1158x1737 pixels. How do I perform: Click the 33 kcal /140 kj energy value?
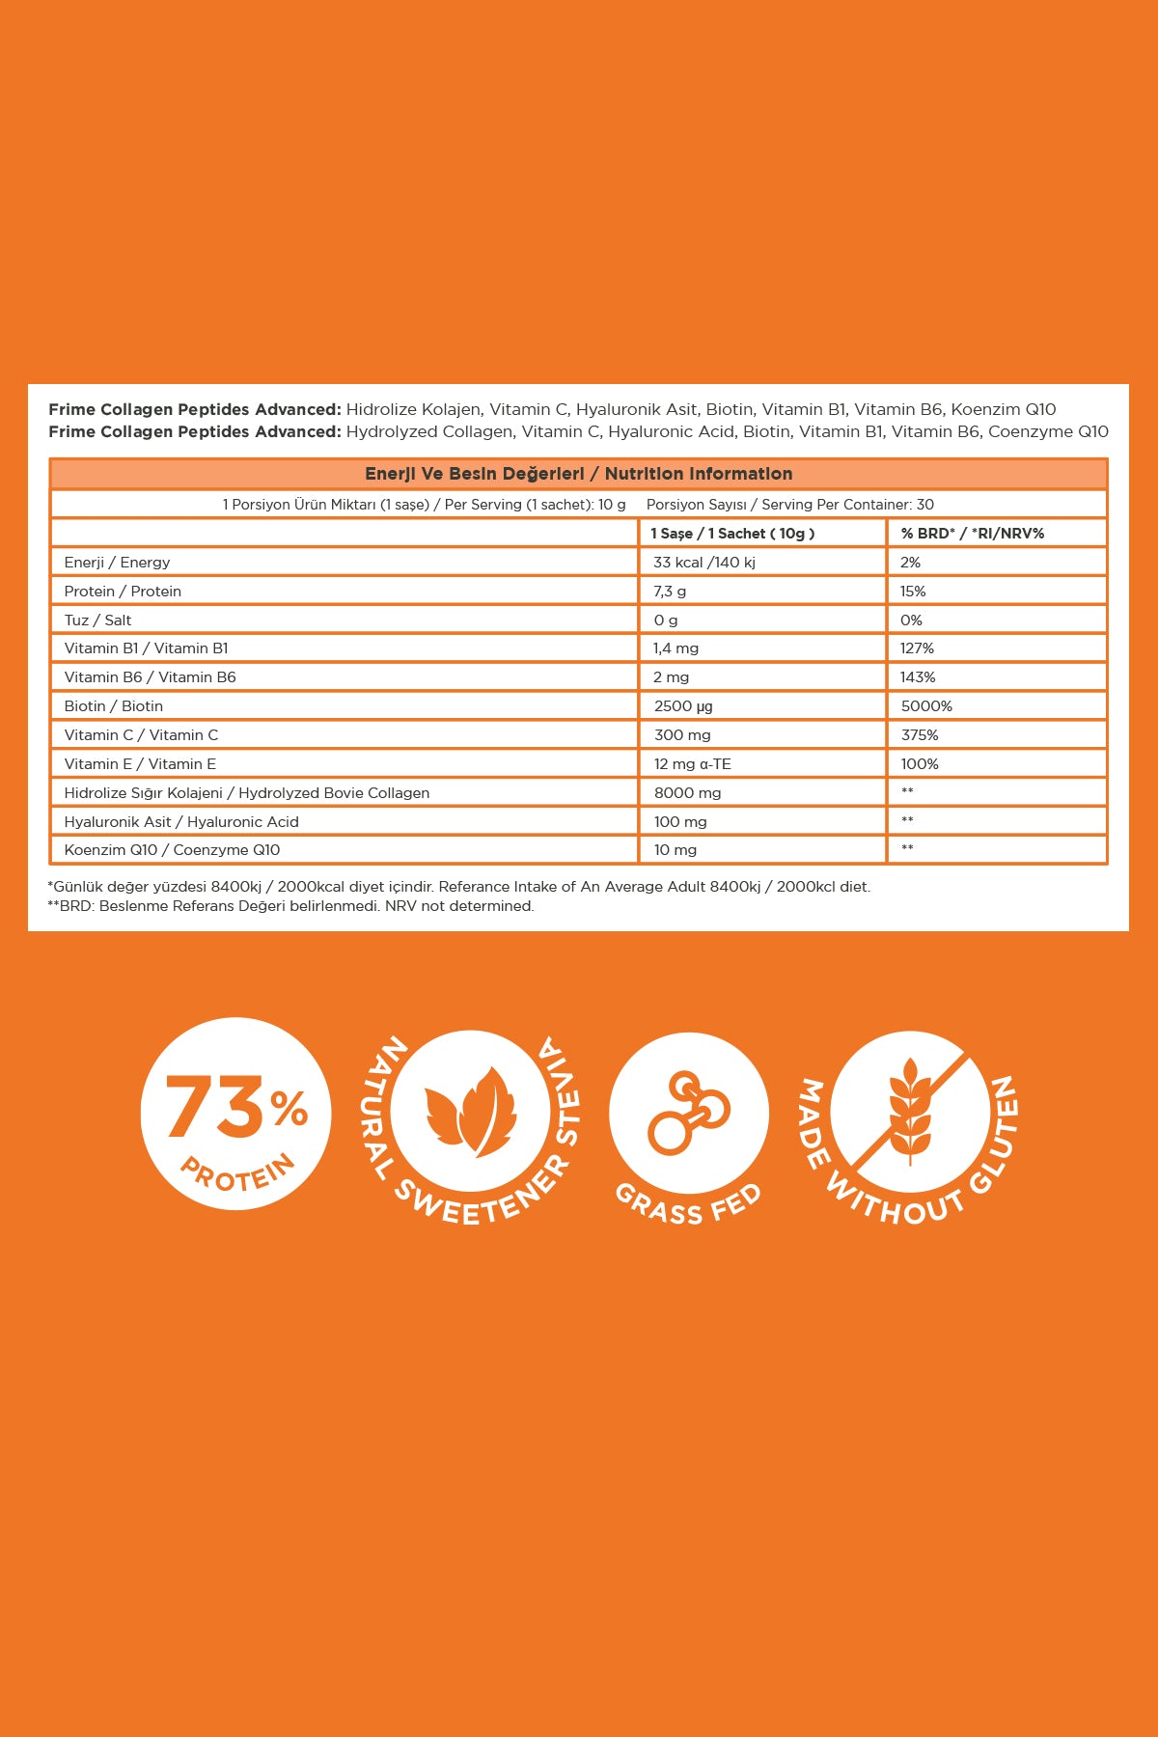[x=704, y=563]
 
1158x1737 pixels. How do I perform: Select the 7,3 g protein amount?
[x=670, y=592]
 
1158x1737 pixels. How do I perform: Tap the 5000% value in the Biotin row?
[x=926, y=706]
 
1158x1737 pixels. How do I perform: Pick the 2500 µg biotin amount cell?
[x=683, y=706]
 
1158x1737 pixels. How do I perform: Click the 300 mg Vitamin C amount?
[x=682, y=735]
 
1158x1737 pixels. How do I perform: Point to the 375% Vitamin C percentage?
[x=919, y=735]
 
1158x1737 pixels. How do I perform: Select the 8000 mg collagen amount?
[x=687, y=793]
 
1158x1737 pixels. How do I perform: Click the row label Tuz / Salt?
[x=97, y=620]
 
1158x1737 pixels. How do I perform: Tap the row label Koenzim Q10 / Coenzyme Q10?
[x=172, y=850]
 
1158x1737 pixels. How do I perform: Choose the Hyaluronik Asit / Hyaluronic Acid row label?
[x=181, y=822]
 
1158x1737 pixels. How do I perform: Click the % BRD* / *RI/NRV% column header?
[x=973, y=534]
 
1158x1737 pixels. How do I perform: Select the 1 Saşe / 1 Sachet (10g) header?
[x=732, y=534]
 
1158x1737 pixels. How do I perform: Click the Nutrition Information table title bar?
[x=579, y=474]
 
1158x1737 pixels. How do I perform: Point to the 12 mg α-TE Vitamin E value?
[x=692, y=764]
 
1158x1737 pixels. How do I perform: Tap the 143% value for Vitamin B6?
[x=918, y=677]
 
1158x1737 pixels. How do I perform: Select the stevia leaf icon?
[x=471, y=1110]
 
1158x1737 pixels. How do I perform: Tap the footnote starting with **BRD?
[x=290, y=906]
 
